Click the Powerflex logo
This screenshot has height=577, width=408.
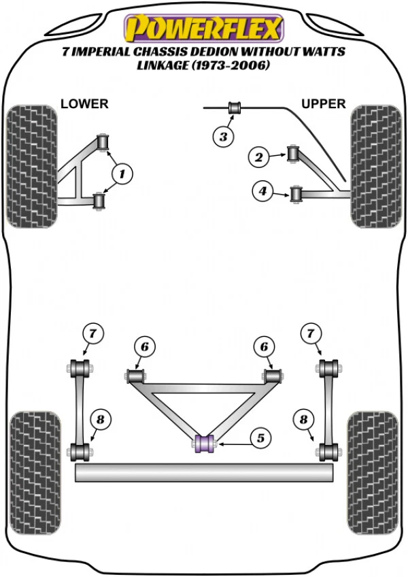202,27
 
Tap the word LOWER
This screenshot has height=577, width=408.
84,104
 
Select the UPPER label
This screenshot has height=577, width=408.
324,104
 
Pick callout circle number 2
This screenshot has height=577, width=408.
258,158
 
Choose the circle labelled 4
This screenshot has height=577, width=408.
262,192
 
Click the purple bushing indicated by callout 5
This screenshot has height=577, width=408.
205,443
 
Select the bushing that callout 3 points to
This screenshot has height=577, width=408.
235,108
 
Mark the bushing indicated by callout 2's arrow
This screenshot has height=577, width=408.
294,153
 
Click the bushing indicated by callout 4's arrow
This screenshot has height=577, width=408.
296,194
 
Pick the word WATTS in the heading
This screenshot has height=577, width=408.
322,52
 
